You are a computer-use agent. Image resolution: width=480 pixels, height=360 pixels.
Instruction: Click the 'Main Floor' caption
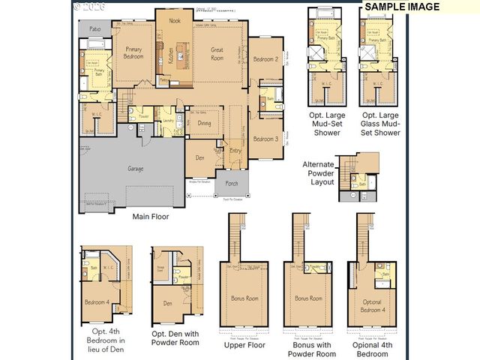point(151,217)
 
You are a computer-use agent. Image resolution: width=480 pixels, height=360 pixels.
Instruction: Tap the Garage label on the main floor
point(136,169)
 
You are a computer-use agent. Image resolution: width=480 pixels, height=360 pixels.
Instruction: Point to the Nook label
point(175,21)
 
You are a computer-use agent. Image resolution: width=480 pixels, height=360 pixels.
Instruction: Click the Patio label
point(95,28)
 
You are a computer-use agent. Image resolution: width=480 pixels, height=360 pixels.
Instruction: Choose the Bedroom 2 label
point(265,59)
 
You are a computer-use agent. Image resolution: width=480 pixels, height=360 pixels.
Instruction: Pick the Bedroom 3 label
point(265,139)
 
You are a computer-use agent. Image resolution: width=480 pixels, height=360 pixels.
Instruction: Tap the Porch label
point(232,182)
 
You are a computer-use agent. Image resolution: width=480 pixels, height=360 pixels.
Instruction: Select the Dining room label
point(202,126)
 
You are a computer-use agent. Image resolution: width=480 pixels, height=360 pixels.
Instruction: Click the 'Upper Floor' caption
point(244,345)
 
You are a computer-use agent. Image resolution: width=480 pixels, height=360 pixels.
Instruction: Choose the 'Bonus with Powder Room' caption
point(310,349)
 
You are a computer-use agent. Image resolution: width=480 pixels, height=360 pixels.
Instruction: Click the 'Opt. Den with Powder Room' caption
point(175,337)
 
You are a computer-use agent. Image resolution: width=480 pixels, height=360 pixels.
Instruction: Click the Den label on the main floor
point(200,157)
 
